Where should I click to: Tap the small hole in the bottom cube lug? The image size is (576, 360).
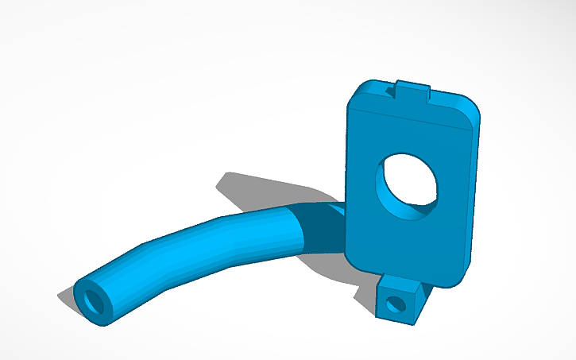coord(392,304)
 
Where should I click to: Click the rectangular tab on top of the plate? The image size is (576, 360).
coord(414,90)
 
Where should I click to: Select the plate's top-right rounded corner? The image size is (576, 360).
coord(475,107)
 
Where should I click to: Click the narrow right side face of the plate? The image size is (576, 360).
coord(474,199)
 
